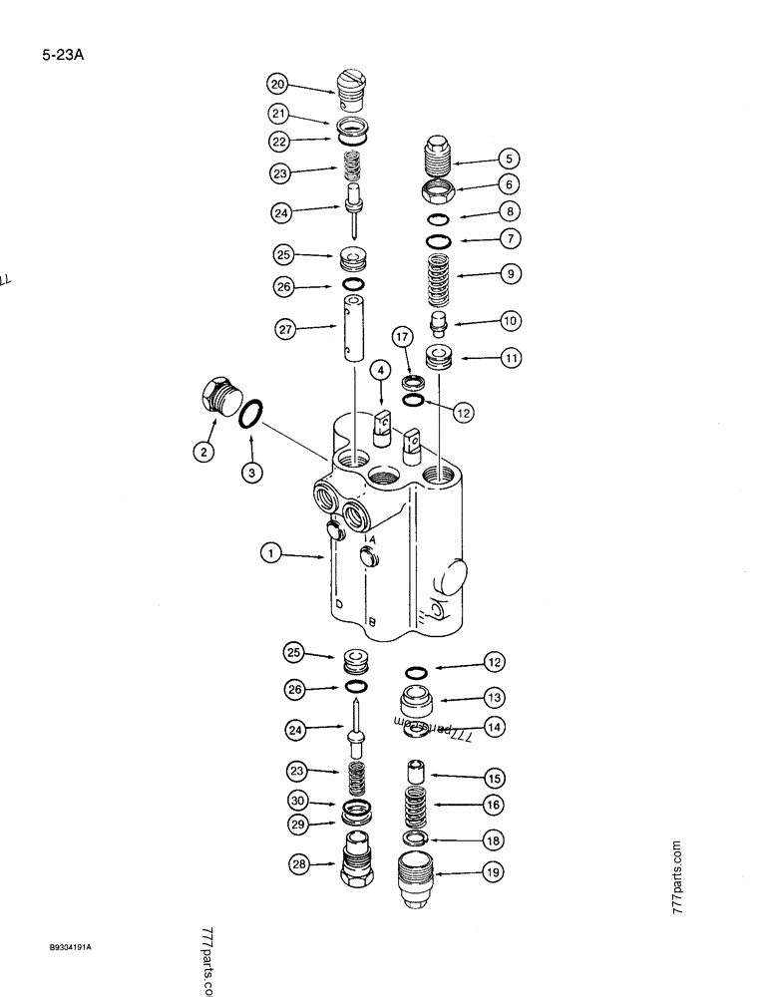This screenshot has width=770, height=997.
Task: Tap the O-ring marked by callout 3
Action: coord(253,414)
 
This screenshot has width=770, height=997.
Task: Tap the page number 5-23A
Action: coord(68,58)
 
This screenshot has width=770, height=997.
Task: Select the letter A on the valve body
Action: coord(371,539)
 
